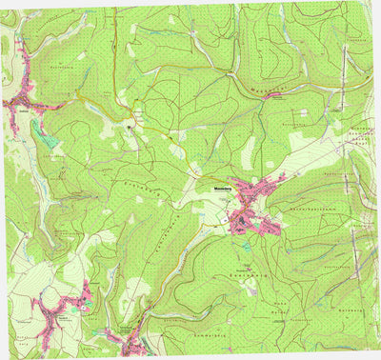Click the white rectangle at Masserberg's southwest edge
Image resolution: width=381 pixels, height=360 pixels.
[x=230, y=221]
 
